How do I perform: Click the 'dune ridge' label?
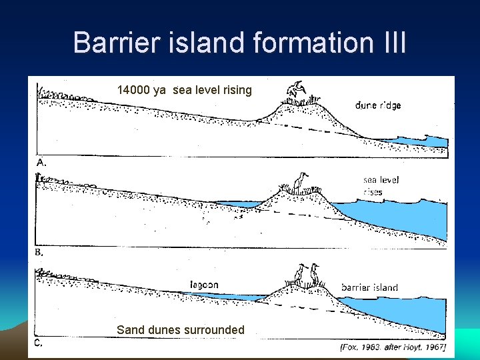[378, 105]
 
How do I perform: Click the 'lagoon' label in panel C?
[203, 285]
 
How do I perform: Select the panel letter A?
[41, 162]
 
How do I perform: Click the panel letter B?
[40, 253]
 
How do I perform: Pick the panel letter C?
[39, 343]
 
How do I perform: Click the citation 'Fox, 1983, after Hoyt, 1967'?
[393, 347]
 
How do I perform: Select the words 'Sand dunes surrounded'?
[180, 329]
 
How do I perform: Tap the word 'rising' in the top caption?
[237, 90]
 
